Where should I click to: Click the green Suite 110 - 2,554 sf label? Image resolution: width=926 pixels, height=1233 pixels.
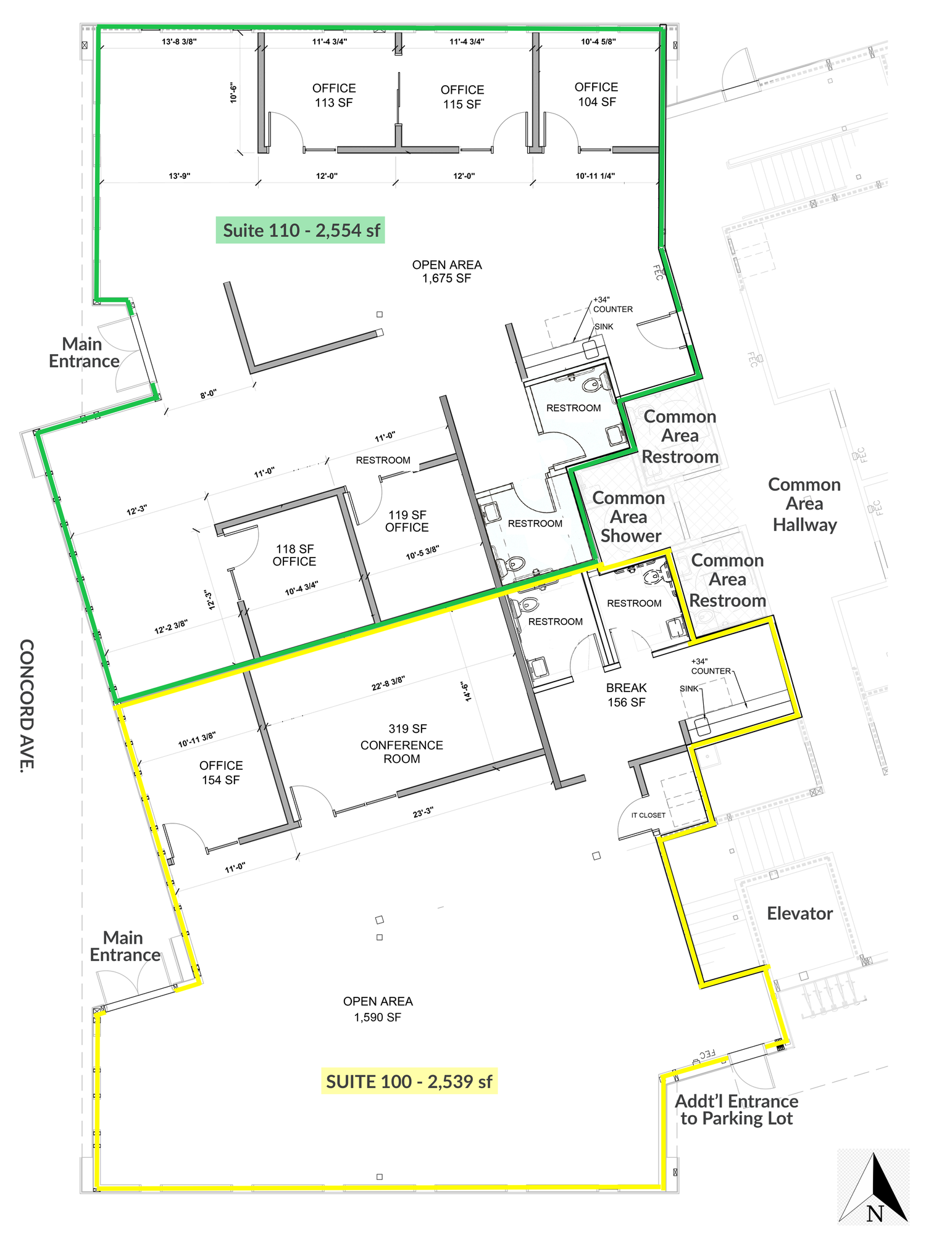[x=301, y=230]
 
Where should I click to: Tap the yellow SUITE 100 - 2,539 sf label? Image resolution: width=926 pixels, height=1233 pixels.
[x=409, y=1081]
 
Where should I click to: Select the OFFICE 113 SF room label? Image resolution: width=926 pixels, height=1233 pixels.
[x=334, y=96]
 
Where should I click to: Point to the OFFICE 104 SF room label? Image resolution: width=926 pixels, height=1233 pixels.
[x=596, y=94]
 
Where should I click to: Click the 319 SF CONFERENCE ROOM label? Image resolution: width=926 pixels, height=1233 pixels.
[x=402, y=744]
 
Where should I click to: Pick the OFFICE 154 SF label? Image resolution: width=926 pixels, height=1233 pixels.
[x=221, y=772]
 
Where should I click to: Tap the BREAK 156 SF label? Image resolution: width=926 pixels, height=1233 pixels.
[x=627, y=695]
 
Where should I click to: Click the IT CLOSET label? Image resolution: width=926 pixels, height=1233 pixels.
[x=648, y=815]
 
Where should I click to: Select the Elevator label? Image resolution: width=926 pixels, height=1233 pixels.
[x=799, y=913]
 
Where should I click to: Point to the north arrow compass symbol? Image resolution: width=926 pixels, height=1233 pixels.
[x=874, y=1187]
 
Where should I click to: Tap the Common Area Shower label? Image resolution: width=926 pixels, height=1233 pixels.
[x=628, y=517]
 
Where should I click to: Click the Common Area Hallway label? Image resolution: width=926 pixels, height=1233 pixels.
[x=804, y=504]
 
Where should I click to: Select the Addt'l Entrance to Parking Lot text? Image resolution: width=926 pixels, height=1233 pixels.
[x=736, y=1110]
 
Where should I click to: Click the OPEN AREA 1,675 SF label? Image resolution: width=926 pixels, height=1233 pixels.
[x=447, y=271]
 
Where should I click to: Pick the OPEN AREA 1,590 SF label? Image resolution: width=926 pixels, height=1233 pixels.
[x=378, y=1009]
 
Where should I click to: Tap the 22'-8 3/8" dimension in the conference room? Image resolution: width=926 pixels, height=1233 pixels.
[x=388, y=683]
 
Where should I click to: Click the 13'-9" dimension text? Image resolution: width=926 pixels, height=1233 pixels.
[x=180, y=176]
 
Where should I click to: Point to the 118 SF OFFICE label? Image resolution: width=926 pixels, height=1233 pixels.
[x=294, y=555]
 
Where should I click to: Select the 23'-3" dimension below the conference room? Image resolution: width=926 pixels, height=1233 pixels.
[x=423, y=812]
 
